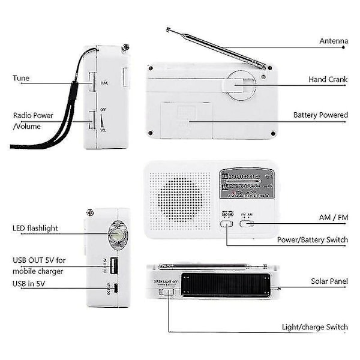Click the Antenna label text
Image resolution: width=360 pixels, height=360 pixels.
(333, 41)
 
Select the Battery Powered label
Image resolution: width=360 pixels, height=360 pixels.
(320, 115)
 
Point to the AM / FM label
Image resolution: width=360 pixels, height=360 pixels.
(334, 217)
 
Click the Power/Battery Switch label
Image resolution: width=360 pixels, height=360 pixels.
(312, 240)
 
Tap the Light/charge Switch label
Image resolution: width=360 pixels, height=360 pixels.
(315, 327)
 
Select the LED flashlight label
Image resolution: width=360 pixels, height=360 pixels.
(37, 228)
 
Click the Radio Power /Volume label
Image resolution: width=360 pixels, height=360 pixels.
(33, 120)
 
